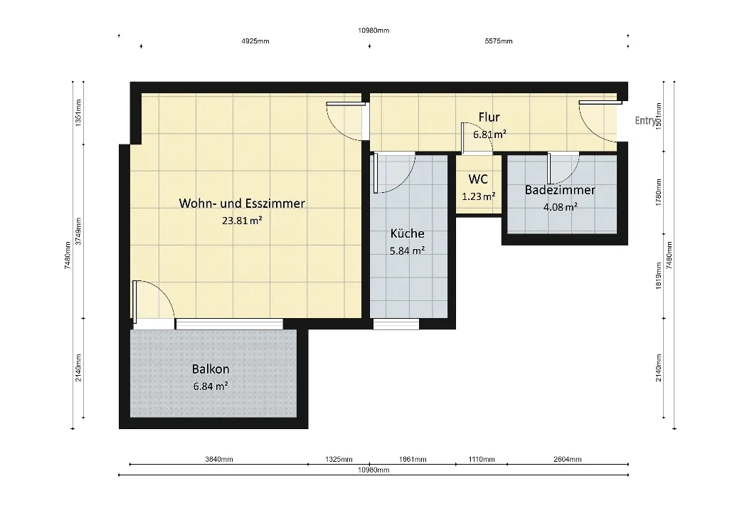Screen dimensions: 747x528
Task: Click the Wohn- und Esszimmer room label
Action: (242, 203)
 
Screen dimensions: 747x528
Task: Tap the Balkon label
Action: (211, 369)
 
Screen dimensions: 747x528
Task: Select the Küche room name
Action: (407, 233)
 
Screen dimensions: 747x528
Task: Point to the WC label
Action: (478, 179)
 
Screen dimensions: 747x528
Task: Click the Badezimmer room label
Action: (560, 190)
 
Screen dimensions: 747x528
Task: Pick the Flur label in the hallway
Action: (489, 117)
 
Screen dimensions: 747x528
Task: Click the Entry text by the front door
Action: (645, 120)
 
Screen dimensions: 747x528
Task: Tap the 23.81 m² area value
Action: (242, 220)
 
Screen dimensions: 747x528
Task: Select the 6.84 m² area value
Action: (211, 386)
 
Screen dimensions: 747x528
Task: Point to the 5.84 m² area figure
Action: (407, 250)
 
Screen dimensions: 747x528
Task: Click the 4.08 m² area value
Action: (561, 207)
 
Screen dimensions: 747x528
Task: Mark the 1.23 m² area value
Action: (478, 196)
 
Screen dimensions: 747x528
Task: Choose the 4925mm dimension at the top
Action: (255, 41)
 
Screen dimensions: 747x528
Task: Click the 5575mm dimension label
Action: (499, 41)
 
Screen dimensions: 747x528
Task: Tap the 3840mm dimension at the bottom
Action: (219, 460)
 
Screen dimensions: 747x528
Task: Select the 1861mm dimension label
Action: (413, 460)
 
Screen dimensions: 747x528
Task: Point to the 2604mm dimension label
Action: (568, 460)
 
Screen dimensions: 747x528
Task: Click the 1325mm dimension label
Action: (339, 460)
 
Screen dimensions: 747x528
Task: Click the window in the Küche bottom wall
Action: (396, 324)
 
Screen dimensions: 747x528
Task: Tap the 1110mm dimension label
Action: (482, 460)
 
